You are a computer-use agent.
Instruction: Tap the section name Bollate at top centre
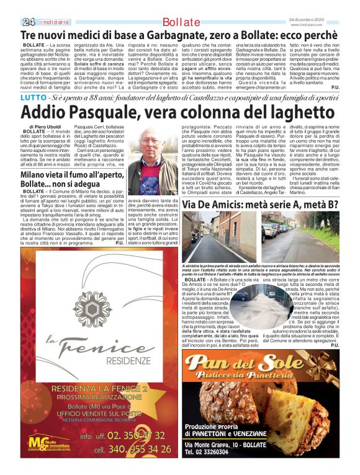(179, 23)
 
